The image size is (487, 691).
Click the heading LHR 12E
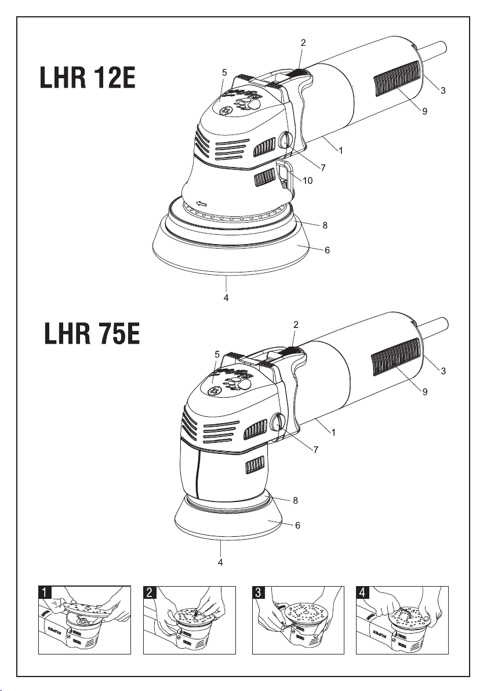coord(88,78)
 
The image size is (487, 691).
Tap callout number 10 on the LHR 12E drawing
coord(308,180)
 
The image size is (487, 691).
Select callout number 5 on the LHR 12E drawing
coord(224,72)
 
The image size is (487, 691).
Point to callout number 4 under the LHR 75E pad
coord(220,562)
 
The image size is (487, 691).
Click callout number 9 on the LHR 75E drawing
coord(425,391)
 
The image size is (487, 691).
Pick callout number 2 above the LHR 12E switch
coord(303,43)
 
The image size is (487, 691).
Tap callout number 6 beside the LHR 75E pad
coord(297,525)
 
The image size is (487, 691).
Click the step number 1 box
coord(45,592)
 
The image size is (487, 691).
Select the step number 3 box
coord(258,592)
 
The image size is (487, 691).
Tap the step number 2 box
coord(150,592)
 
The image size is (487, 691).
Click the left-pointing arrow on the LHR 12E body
coord(201,203)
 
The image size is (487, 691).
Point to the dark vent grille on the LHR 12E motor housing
coord(397,78)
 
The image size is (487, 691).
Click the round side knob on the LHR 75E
coord(277,423)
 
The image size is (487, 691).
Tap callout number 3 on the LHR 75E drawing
coord(444,371)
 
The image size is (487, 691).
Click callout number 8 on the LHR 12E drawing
coord(325,225)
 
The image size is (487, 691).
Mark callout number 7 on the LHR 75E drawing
coord(315,449)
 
